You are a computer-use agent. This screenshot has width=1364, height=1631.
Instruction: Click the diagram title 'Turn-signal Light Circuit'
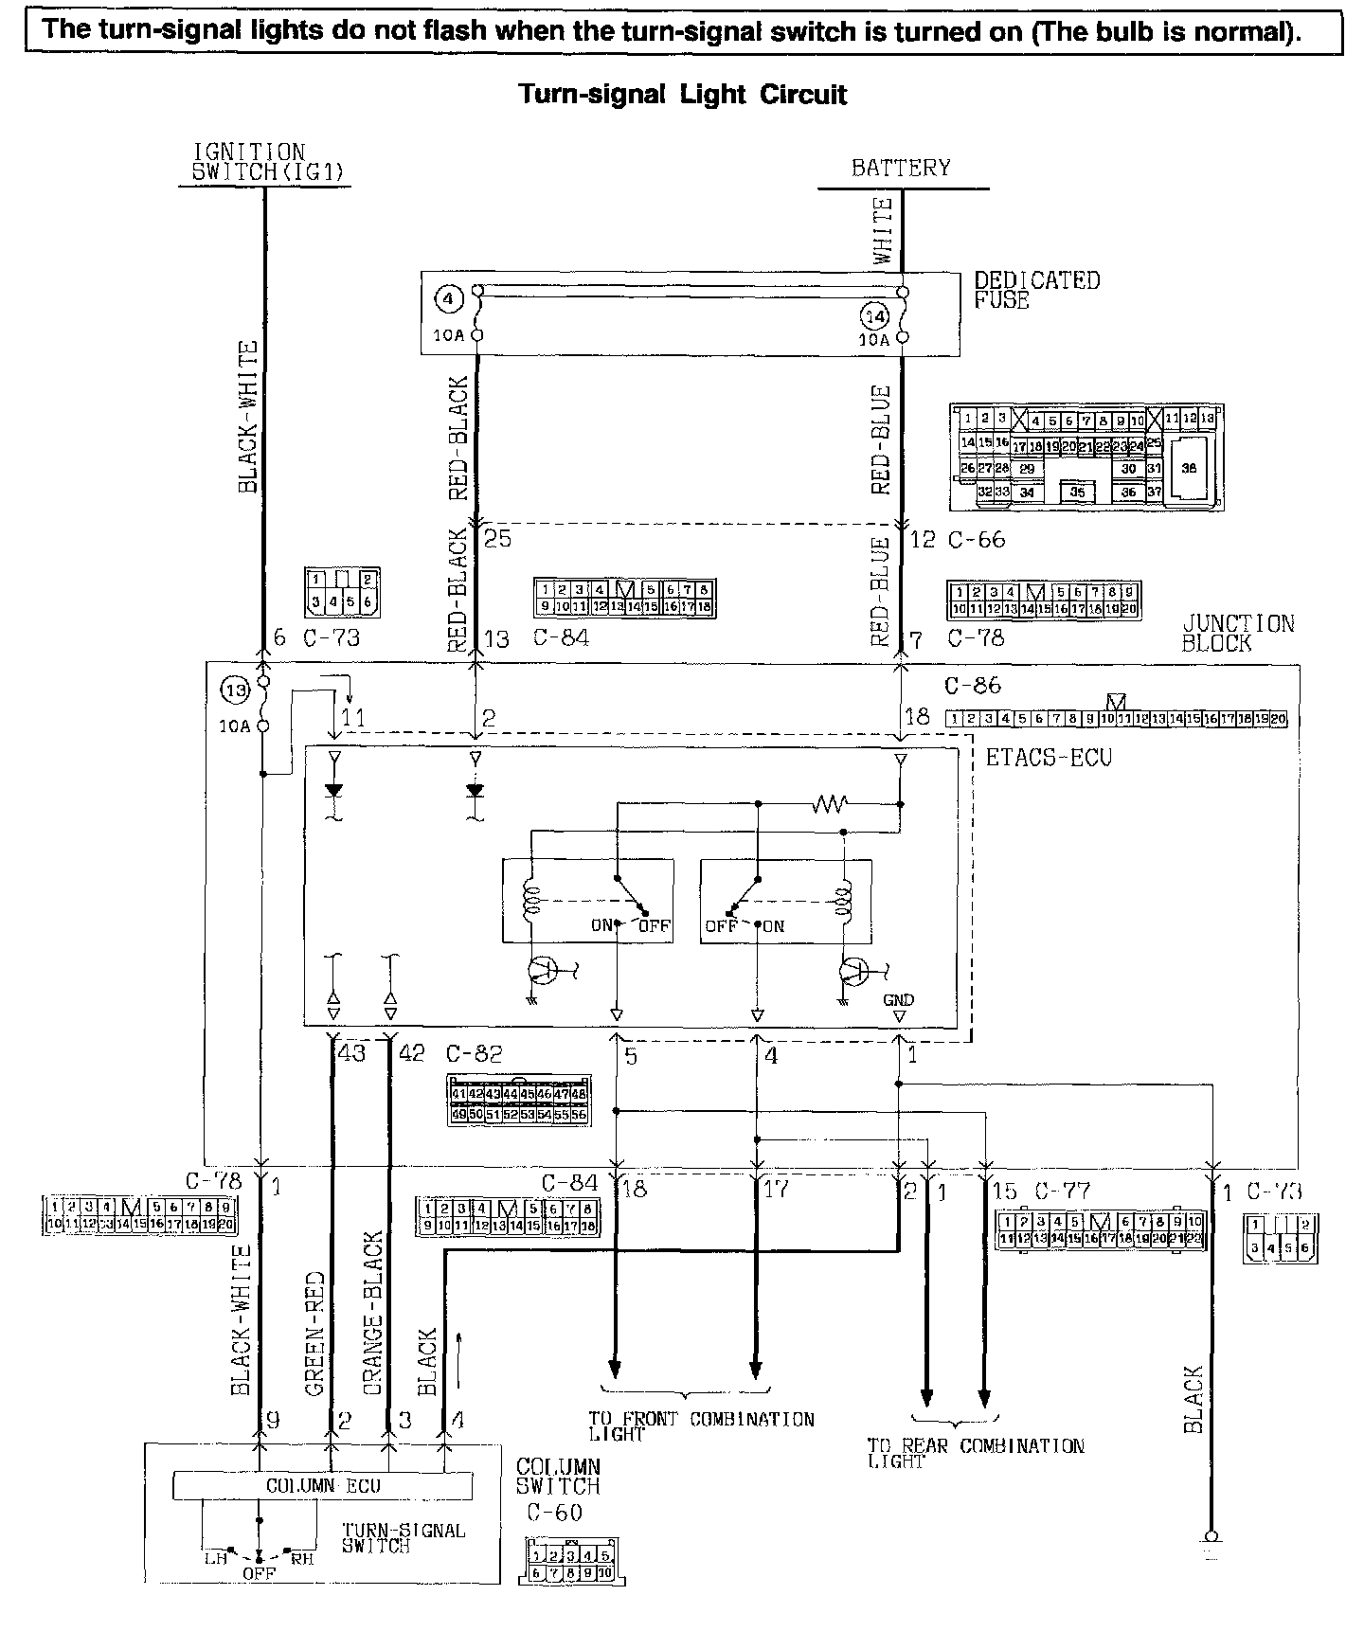point(682,95)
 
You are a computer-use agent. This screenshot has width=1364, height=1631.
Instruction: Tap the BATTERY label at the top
point(900,169)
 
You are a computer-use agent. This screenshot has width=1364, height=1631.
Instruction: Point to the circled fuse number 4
point(448,300)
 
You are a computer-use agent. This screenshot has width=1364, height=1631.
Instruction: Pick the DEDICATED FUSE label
point(1037,290)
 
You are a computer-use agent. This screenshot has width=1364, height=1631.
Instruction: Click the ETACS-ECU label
point(1048,758)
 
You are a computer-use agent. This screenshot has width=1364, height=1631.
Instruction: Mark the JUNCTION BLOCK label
point(1237,633)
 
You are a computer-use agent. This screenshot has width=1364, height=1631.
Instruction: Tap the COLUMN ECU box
point(322,1486)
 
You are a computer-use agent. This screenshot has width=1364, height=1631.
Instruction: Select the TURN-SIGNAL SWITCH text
point(403,1537)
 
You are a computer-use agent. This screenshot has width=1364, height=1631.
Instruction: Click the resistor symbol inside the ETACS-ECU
point(830,804)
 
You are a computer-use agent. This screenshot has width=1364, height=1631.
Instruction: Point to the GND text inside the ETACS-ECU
point(898,1000)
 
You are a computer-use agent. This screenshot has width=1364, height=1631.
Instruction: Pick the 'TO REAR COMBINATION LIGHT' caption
point(976,1453)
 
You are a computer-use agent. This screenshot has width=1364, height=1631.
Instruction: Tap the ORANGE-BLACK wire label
point(372,1312)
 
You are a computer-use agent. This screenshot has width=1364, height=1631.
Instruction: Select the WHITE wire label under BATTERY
point(883,230)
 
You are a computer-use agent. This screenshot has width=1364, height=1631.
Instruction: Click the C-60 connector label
point(554,1513)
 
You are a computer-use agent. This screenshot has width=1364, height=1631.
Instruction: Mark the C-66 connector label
point(977,540)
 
